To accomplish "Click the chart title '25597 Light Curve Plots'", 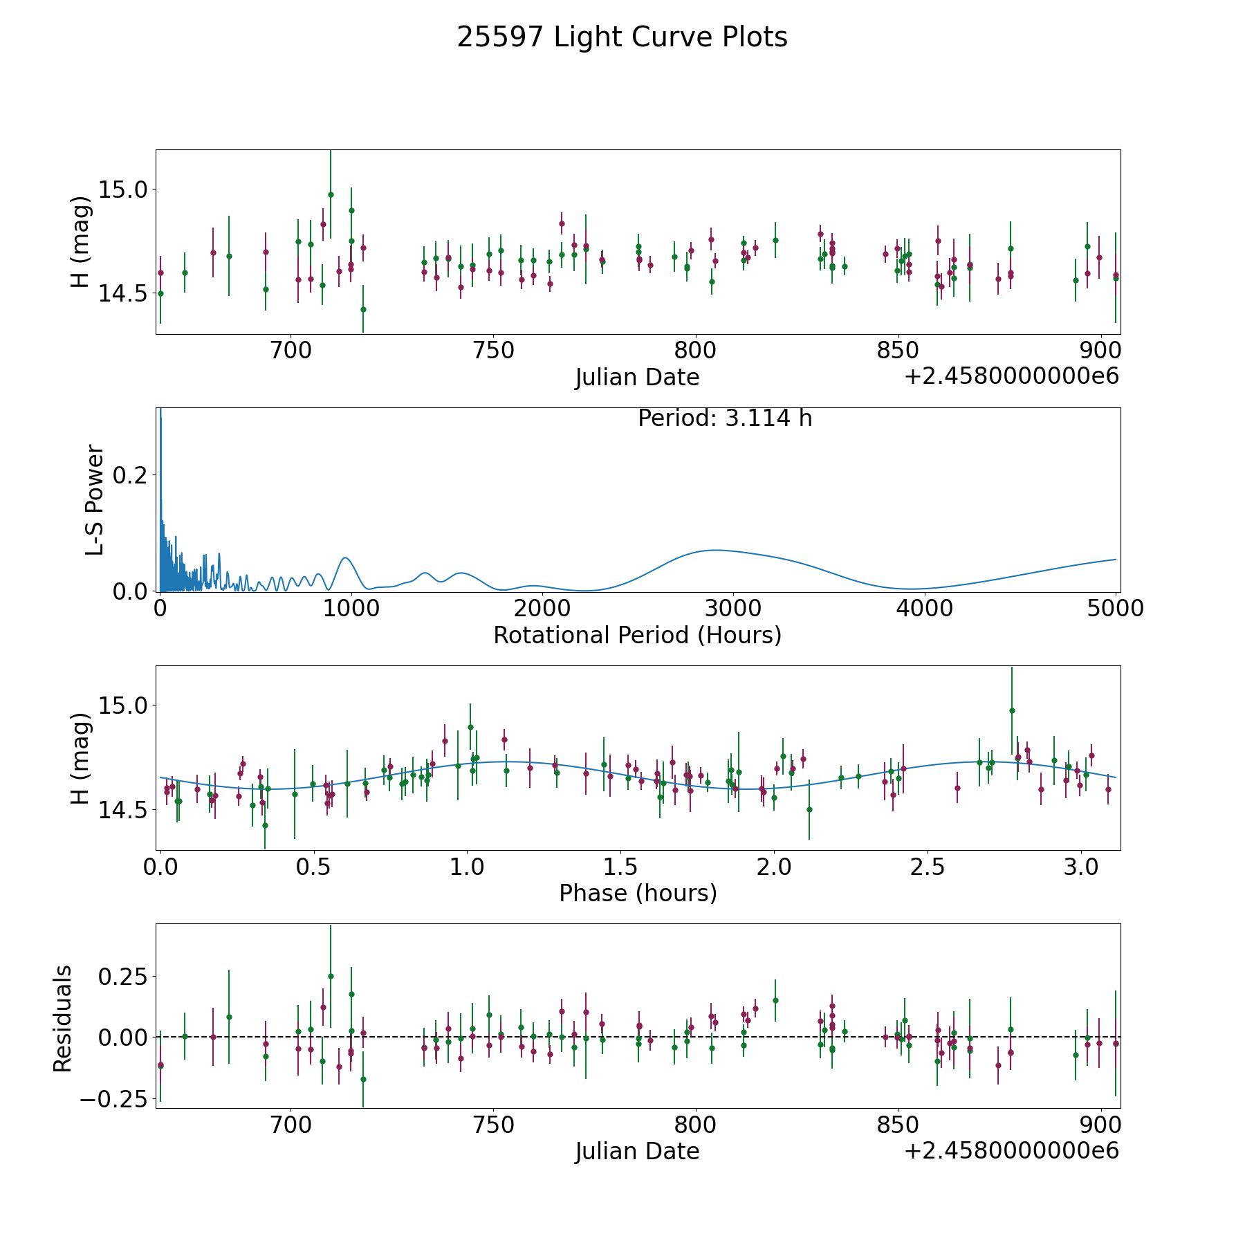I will click(x=622, y=37).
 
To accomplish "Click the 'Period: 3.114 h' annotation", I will click(x=724, y=418).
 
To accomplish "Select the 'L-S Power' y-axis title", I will click(x=95, y=499).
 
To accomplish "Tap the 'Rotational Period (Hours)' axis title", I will click(x=637, y=635).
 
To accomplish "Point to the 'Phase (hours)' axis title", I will click(x=637, y=893).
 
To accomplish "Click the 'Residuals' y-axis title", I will click(x=63, y=1018).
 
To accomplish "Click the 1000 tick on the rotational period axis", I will click(x=351, y=609).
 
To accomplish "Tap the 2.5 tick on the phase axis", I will click(x=928, y=867).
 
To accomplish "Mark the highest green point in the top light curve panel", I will click(x=331, y=194).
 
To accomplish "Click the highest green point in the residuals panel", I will click(x=331, y=976).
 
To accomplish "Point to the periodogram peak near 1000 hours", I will click(x=345, y=557).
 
